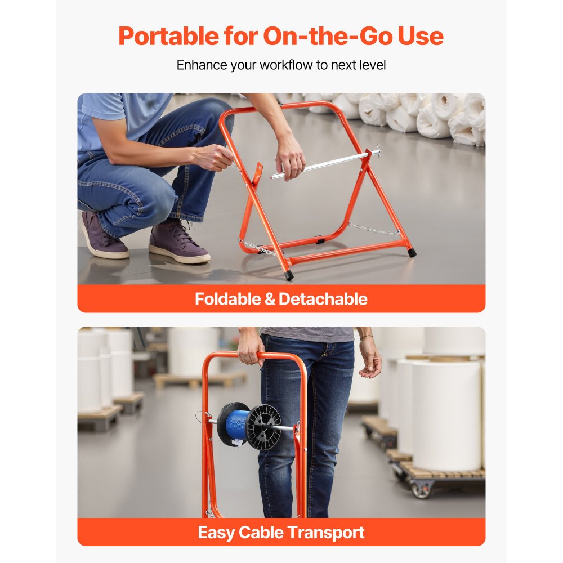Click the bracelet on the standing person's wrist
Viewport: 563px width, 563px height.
click(x=367, y=338)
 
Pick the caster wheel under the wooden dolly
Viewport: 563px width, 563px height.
click(x=422, y=489)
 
